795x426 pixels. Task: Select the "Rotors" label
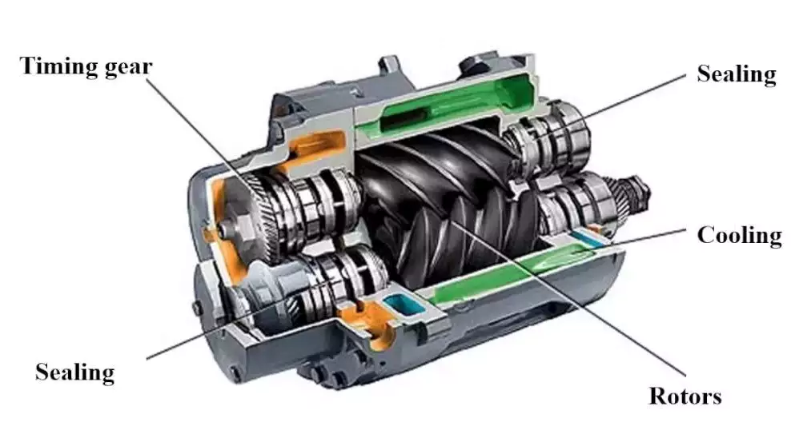coord(685,396)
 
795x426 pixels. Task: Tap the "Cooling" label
coord(738,235)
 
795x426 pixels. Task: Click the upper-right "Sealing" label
coord(736,74)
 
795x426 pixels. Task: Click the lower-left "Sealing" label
coord(74,372)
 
